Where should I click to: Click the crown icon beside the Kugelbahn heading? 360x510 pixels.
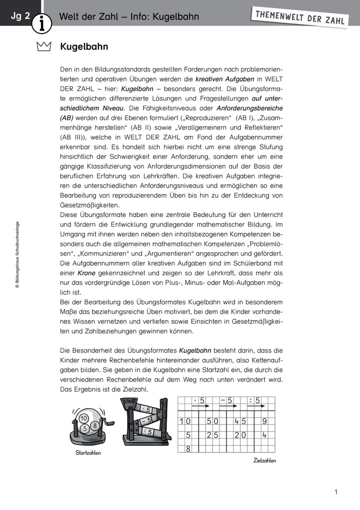pos(44,48)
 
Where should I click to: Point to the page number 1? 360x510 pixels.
pos(336,492)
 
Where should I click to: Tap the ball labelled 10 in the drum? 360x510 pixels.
pos(83,418)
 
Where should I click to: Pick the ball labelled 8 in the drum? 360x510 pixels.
pos(94,425)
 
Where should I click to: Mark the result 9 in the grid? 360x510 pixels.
pos(264,421)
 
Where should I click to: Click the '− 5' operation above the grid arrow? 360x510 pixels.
pos(226,400)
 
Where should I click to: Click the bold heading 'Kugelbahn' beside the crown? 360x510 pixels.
pos(84,47)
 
